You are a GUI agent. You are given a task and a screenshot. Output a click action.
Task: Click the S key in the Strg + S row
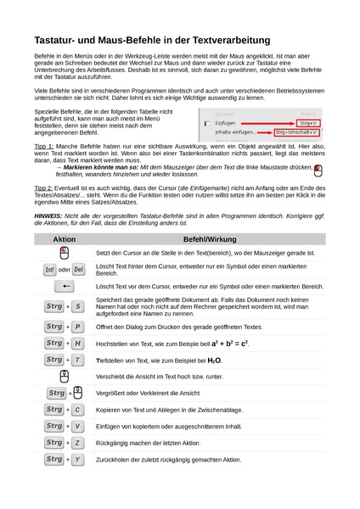click(78, 306)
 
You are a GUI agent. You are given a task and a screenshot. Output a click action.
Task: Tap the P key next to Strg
click(78, 327)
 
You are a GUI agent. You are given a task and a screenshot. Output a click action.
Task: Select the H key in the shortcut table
click(78, 343)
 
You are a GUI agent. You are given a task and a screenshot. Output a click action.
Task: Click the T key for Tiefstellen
click(78, 360)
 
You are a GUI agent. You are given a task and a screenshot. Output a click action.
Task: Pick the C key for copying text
click(78, 410)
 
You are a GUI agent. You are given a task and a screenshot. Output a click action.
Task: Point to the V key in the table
click(78, 426)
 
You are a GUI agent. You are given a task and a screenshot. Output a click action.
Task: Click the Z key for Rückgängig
click(78, 443)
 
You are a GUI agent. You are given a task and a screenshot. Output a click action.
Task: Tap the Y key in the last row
click(78, 459)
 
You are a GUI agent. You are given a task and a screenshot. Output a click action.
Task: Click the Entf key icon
click(50, 270)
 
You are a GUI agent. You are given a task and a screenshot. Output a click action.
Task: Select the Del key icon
click(78, 270)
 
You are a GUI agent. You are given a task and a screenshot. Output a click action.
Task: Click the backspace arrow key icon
click(65, 288)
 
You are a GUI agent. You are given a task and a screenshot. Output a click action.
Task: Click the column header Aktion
click(65, 240)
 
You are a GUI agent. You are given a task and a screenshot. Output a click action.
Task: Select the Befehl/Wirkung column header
click(210, 240)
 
